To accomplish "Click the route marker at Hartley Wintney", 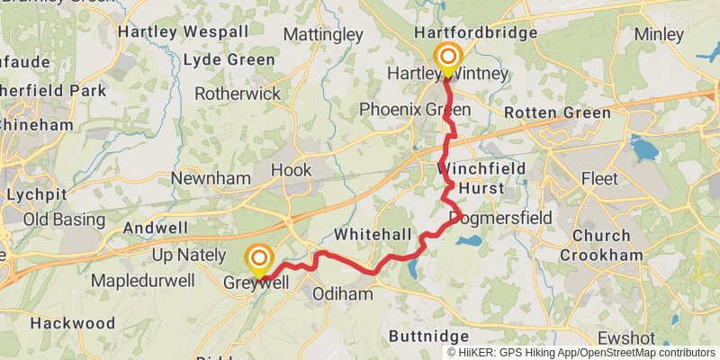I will click(x=447, y=58).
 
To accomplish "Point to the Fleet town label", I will click(x=599, y=179).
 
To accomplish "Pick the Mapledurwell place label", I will click(x=142, y=281).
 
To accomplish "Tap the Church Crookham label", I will click(x=595, y=245).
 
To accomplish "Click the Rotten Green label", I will click(x=557, y=113).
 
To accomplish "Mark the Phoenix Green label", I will click(x=414, y=109).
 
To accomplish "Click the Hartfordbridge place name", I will click(x=475, y=32).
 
